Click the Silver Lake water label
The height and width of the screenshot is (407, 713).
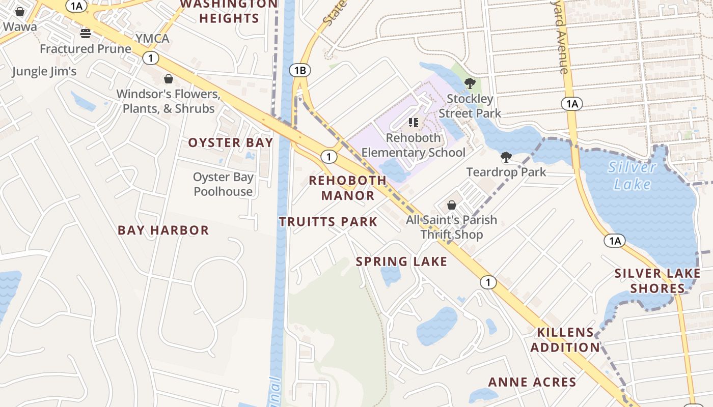632,175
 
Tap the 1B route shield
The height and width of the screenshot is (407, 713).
300,70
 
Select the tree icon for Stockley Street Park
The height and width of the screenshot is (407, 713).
470,83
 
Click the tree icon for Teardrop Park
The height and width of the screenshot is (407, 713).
506,157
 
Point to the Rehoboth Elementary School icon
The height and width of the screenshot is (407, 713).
414,122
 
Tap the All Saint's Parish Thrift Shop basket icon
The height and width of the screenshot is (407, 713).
451,205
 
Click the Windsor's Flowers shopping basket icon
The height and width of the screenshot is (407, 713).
168,79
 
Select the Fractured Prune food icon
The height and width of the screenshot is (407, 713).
85,34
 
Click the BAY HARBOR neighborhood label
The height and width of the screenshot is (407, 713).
163,230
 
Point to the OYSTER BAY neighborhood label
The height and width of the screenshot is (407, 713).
231,143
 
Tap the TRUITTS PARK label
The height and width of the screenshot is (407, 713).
328,222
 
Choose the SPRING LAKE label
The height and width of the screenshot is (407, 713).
401,262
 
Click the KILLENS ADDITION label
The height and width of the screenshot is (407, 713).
565,340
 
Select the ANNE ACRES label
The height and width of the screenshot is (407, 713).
532,382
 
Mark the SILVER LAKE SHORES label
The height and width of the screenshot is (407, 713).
657,281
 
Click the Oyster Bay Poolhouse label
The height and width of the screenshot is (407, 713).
223,184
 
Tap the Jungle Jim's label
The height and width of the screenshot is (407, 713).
44,71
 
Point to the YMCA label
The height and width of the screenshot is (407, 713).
152,39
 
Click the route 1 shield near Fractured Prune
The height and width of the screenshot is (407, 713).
150,58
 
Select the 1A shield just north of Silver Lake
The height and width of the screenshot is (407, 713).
571,104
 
